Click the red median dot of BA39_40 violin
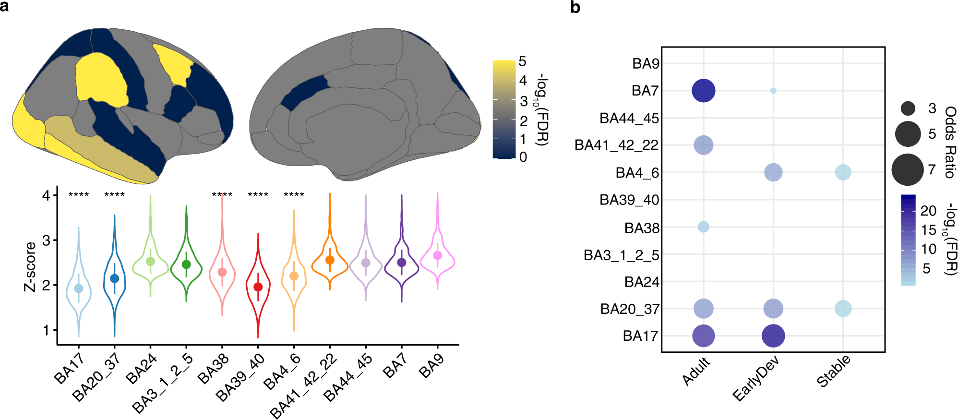click(x=258, y=287)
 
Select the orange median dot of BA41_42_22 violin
click(x=330, y=260)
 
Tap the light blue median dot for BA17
click(x=79, y=288)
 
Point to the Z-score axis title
click(x=30, y=267)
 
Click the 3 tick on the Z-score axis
click(x=46, y=240)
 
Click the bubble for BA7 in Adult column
click(x=703, y=91)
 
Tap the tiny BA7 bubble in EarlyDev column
click(x=773, y=91)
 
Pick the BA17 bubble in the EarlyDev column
click(x=773, y=336)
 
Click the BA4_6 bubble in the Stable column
click(x=843, y=172)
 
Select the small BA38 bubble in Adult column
click(x=703, y=227)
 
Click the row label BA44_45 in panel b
click(x=629, y=118)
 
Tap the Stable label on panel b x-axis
click(x=834, y=371)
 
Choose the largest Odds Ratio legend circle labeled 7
click(x=907, y=169)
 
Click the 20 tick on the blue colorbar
click(x=928, y=211)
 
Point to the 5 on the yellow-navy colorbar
click(x=522, y=61)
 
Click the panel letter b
click(x=575, y=8)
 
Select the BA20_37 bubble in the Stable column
click(x=843, y=308)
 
